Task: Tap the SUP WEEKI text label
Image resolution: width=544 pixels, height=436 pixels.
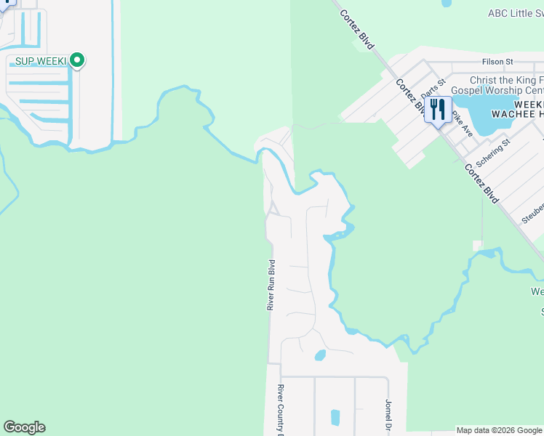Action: [36, 60]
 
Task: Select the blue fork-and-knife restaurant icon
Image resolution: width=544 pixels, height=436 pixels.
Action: [437, 110]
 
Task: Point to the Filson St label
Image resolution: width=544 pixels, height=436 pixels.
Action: [497, 62]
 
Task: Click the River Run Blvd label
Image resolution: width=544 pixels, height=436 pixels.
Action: [271, 286]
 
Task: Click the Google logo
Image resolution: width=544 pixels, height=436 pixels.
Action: [24, 427]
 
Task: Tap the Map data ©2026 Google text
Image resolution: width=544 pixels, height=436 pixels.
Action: [500, 430]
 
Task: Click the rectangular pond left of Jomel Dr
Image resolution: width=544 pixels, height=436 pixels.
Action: [335, 417]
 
